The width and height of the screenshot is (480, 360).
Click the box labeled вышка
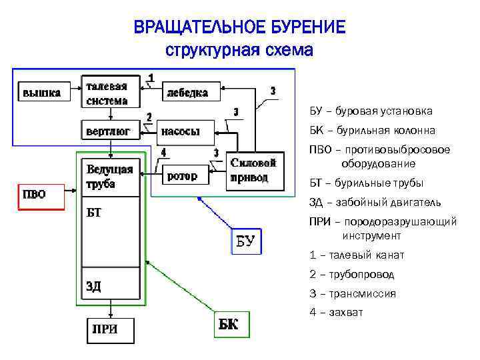(x=43, y=93)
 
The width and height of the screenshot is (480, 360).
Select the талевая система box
(x=110, y=91)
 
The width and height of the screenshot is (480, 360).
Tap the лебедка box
(x=187, y=93)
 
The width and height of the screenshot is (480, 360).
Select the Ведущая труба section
(x=110, y=177)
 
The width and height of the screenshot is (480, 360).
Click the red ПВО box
(x=39, y=195)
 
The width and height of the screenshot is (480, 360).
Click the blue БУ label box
(x=245, y=241)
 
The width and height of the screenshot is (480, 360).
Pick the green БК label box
(x=230, y=325)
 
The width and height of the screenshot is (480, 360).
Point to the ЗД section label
(x=94, y=286)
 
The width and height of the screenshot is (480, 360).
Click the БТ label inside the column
(x=94, y=213)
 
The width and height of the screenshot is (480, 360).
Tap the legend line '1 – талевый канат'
(x=357, y=255)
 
